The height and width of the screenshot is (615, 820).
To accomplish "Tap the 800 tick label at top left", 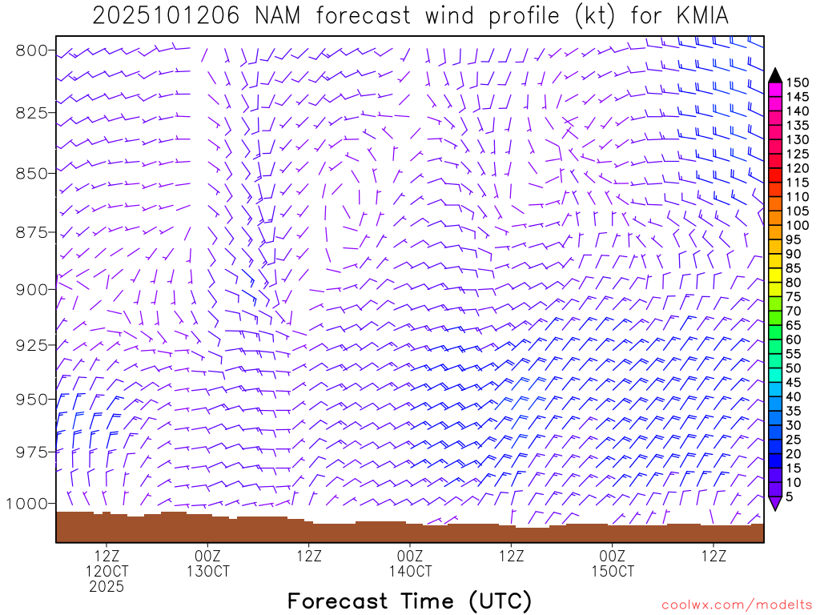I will pos(32,50).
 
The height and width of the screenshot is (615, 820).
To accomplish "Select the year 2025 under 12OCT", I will pos(107,587).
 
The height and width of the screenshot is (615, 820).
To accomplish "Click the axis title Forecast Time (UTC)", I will pos(409,601).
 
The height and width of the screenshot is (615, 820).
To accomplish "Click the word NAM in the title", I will pos(275,16).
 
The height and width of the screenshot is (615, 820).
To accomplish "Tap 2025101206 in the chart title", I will pos(165,16).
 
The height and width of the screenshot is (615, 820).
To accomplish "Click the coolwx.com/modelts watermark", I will pos(735,605).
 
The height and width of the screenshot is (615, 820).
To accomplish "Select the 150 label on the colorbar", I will pos(798,82).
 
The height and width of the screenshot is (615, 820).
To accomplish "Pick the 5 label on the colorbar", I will pos(790,496).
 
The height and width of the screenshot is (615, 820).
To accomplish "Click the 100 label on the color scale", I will pos(798,225).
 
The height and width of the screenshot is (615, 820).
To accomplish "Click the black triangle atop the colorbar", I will pos(774,74).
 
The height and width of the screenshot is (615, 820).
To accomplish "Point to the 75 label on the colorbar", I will pos(794,296).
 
